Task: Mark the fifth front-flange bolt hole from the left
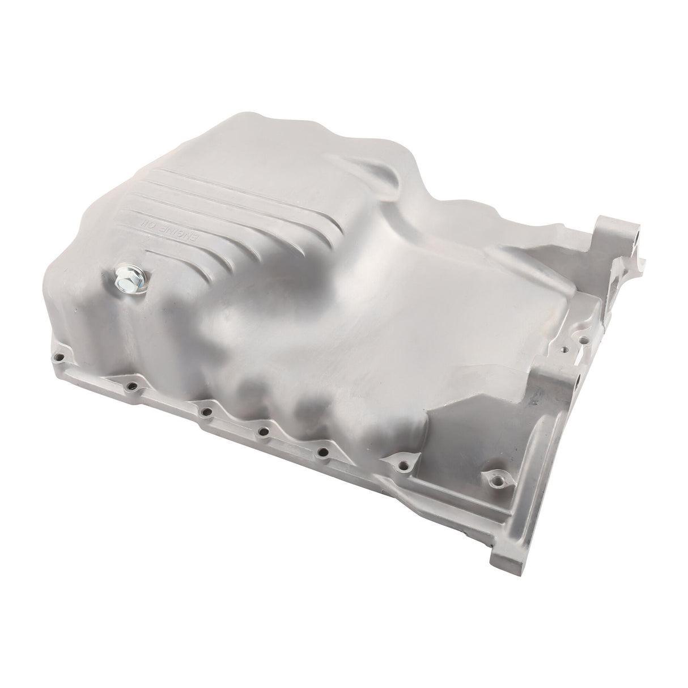(x=324, y=452)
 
